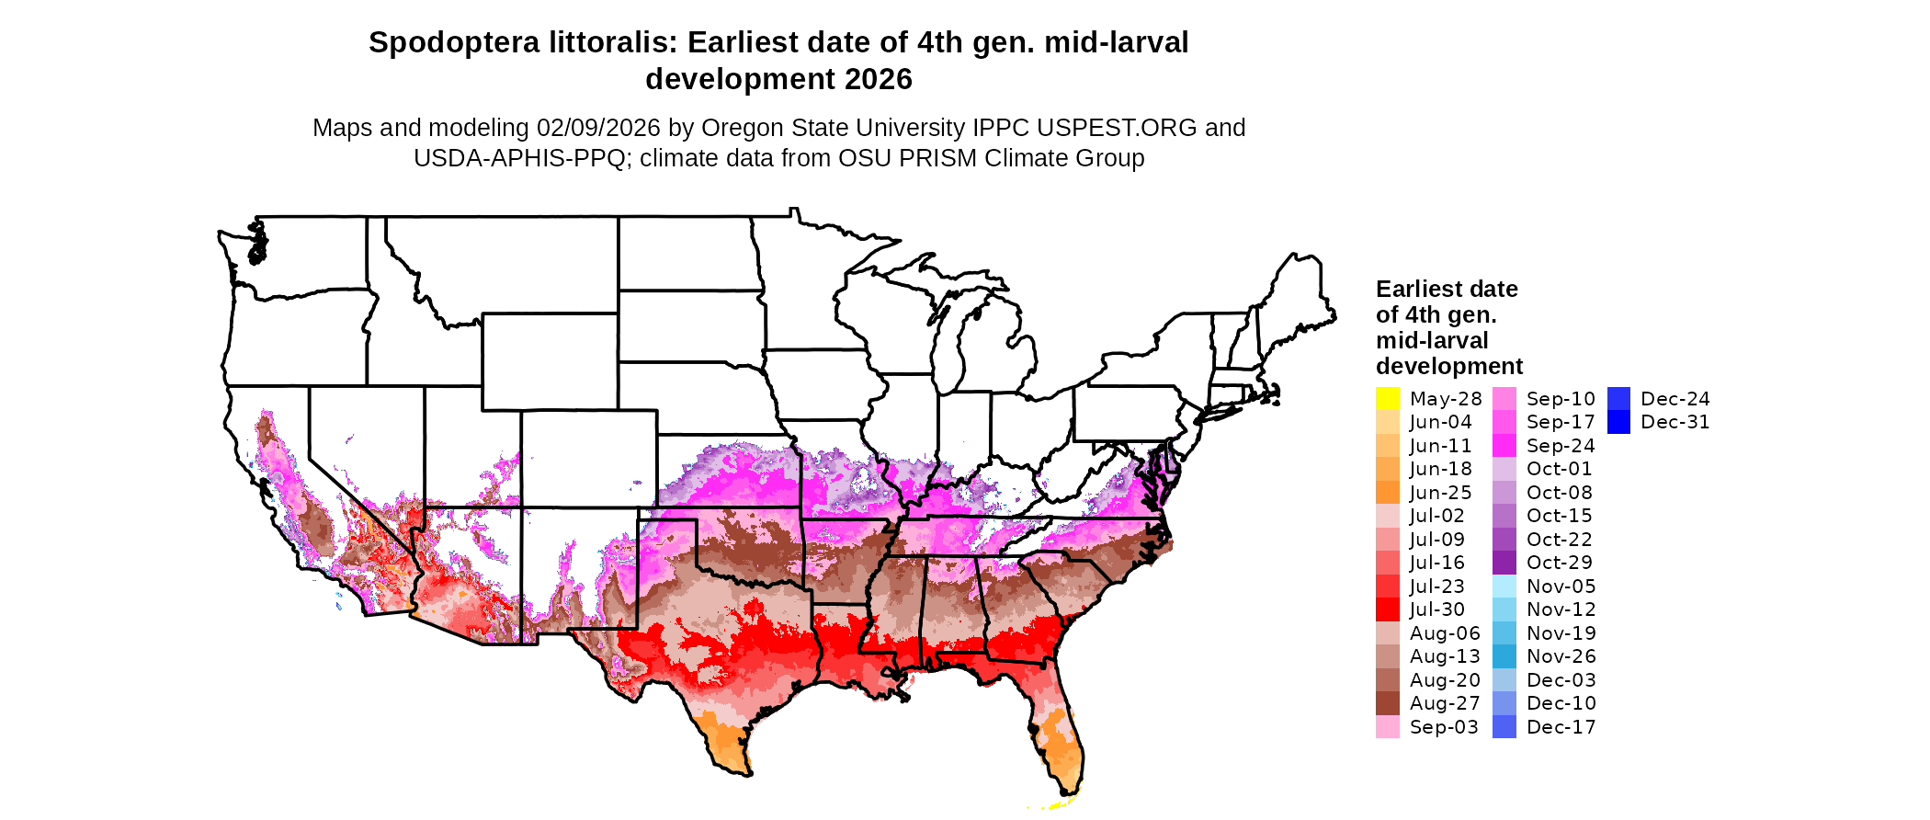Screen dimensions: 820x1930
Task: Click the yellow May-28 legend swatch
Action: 1387,399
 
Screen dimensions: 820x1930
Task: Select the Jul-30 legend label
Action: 1437,609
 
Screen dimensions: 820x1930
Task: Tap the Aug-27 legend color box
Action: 1387,703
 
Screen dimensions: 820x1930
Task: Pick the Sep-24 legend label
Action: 1561,446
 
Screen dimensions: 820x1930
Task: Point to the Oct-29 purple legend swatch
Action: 1504,563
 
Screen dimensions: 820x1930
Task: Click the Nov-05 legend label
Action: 1561,587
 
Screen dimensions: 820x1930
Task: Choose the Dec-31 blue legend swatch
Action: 1618,422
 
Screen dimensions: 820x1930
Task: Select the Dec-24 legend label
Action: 1675,399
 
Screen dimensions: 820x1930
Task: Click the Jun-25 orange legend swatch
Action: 1387,493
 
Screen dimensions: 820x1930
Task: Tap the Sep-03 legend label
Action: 1444,727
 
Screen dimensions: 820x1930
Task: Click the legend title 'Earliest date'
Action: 1447,289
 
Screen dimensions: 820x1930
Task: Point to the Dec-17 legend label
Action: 1561,727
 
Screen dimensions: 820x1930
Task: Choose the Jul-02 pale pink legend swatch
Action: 1387,516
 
